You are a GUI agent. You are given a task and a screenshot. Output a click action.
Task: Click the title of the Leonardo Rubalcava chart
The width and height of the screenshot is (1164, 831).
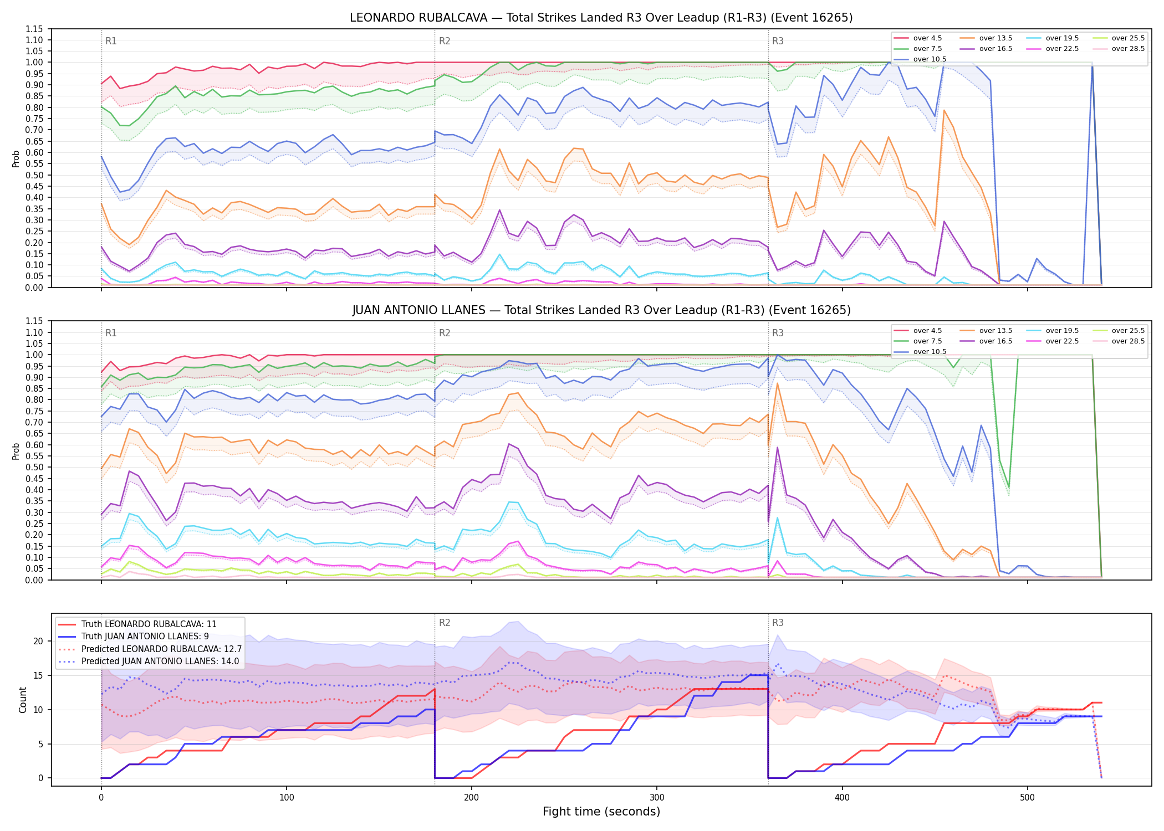[x=601, y=18]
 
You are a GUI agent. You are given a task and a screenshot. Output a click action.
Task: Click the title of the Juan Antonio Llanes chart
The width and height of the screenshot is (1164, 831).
[x=601, y=310]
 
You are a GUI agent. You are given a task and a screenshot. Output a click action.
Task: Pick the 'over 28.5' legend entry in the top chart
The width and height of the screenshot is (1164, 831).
[x=1119, y=49]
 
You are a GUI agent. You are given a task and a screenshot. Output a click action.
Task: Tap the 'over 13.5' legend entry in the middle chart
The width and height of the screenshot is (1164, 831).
[x=986, y=331]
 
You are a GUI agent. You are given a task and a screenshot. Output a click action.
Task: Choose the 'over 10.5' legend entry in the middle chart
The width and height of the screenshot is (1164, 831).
[x=920, y=352]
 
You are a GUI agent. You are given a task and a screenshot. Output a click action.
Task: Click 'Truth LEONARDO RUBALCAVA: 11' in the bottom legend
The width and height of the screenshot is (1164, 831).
[x=137, y=624]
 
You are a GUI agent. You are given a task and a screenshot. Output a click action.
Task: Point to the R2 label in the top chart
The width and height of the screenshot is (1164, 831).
[x=445, y=41]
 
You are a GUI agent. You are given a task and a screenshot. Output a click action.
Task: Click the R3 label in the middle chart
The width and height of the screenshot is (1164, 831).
[x=778, y=333]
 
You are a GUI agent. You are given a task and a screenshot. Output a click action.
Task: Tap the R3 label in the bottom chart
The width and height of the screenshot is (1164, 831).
[x=778, y=623]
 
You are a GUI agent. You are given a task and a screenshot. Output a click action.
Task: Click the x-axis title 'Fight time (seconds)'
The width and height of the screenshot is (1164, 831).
[x=601, y=812]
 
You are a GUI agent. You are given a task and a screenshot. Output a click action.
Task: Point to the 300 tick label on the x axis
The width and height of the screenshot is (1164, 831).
[x=657, y=798]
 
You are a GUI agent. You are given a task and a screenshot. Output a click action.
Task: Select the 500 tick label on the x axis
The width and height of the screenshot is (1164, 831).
[x=1027, y=798]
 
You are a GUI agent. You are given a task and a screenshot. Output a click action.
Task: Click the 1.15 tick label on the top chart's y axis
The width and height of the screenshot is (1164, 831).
[x=34, y=29]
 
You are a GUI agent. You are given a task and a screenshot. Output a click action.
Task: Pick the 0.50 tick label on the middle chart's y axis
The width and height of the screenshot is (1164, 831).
[x=34, y=468]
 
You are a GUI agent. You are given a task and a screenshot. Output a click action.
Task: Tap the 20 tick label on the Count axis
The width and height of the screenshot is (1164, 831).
[x=38, y=642]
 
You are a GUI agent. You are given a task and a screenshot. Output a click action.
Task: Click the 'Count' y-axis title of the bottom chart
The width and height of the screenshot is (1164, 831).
[x=23, y=700]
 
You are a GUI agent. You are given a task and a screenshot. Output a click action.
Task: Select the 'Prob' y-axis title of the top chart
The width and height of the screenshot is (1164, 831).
[x=16, y=158]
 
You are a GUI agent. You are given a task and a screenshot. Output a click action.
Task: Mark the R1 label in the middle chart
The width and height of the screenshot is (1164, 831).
[x=111, y=333]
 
